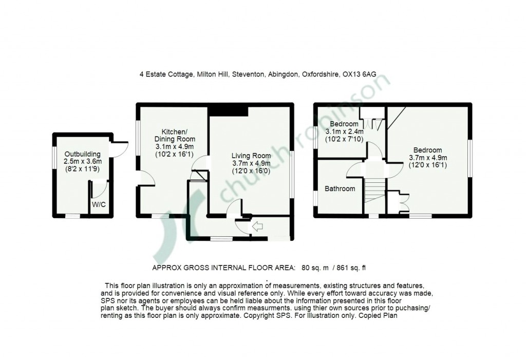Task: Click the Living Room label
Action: pyautogui.click(x=251, y=156)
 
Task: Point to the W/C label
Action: pyautogui.click(x=99, y=204)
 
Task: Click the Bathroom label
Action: pyautogui.click(x=340, y=188)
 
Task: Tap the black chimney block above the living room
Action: pyautogui.click(x=228, y=110)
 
